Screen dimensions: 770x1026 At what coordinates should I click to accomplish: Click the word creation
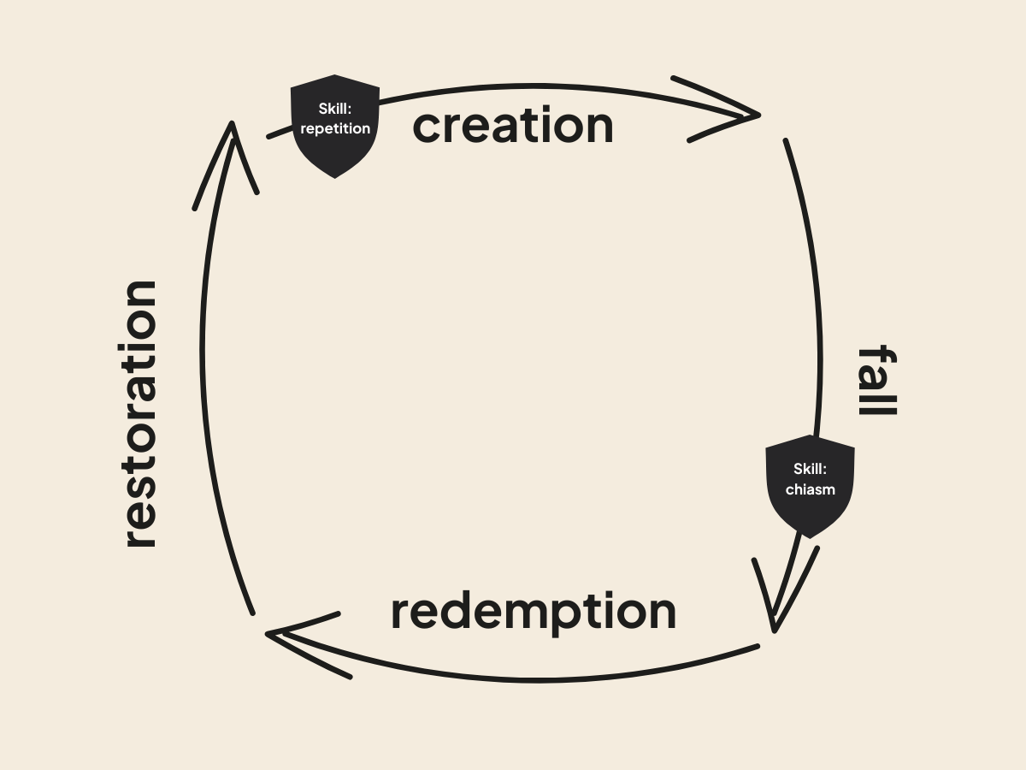pyautogui.click(x=513, y=126)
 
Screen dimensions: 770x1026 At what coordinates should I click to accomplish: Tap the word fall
pyautogui.click(x=876, y=381)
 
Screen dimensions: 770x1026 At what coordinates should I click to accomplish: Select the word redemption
pyautogui.click(x=533, y=612)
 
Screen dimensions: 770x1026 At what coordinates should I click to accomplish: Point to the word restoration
pyautogui.click(x=140, y=414)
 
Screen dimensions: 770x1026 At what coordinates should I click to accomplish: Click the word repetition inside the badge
pyautogui.click(x=335, y=129)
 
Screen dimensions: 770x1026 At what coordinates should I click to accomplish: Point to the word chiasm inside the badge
pyautogui.click(x=810, y=490)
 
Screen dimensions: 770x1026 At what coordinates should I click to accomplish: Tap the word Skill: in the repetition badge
pyautogui.click(x=335, y=109)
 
